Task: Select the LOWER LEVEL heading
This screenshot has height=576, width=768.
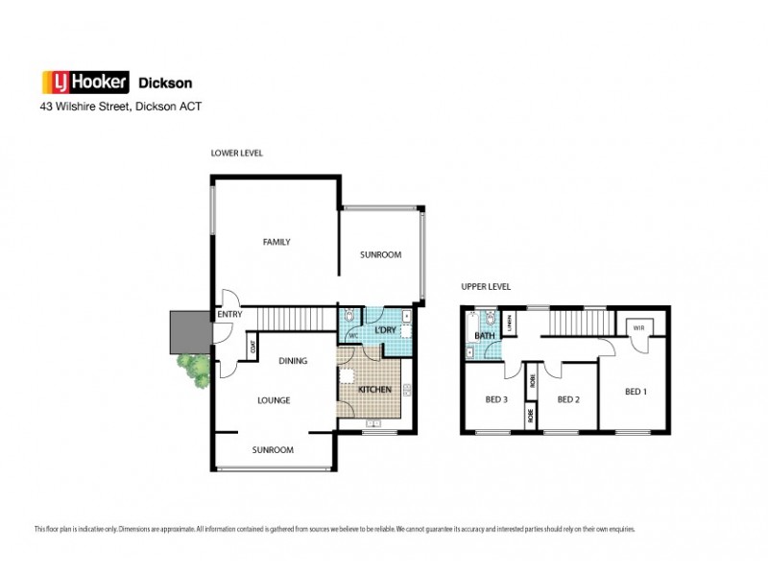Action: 236,153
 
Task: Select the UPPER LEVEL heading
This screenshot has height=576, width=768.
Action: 485,286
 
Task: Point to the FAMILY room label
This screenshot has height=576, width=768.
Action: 276,242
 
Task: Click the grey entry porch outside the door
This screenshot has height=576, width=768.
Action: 184,331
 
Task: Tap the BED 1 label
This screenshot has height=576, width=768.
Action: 636,391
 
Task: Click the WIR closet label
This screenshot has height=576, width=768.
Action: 637,328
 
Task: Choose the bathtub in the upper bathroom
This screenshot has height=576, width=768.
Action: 469,332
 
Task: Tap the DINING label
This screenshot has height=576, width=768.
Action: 293,361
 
